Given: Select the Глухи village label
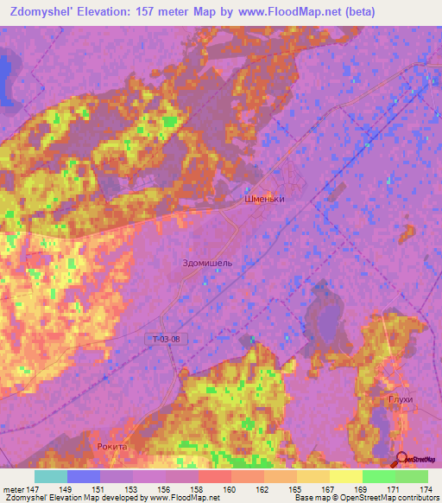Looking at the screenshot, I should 401,399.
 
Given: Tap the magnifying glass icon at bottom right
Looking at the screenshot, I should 401,458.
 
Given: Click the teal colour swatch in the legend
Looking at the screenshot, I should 51,476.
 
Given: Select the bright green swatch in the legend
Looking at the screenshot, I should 378,476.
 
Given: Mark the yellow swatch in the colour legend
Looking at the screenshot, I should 345,476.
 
